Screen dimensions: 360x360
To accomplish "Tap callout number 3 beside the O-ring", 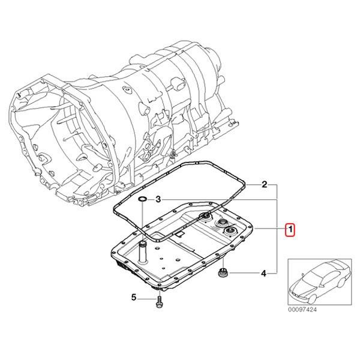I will (158, 199).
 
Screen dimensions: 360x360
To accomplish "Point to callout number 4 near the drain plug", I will (263, 275).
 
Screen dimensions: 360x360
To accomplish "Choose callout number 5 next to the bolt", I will (135, 297).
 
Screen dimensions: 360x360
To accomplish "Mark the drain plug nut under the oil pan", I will (223, 274).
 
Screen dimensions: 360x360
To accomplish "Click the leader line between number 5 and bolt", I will (147, 297).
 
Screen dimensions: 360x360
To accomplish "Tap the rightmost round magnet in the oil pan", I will (229, 233).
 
